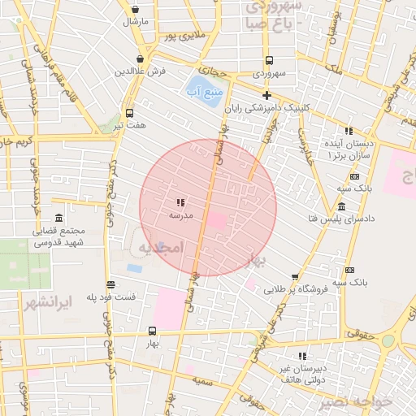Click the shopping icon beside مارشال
click(134, 10)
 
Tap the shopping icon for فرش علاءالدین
click(141, 58)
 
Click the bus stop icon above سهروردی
click(269, 60)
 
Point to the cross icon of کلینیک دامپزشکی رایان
click(266, 95)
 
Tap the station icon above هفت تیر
click(129, 113)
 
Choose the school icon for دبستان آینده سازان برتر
click(349, 131)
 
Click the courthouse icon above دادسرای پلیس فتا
click(341, 206)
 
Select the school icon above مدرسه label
click(180, 202)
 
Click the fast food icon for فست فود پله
click(110, 284)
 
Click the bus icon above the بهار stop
click(152, 331)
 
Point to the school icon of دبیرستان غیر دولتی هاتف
click(302, 356)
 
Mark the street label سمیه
click(203, 380)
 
